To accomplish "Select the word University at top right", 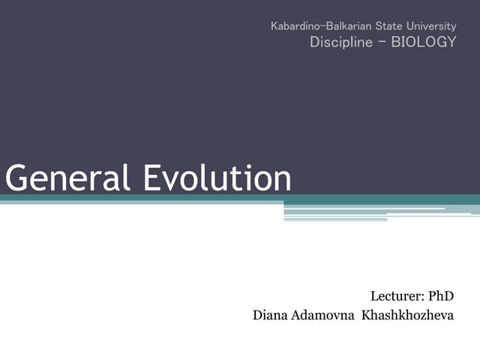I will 433,26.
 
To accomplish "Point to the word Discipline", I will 340,42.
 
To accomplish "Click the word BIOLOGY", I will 423,42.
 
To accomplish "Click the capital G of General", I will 16,179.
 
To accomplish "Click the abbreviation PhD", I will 442,296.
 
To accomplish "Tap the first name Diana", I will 271,315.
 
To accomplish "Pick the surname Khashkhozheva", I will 408,315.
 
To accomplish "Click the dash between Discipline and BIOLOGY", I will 381,41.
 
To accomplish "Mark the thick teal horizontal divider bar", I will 240,199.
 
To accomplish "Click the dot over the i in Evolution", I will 244,166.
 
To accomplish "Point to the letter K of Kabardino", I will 274,26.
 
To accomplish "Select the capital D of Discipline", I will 315,42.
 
